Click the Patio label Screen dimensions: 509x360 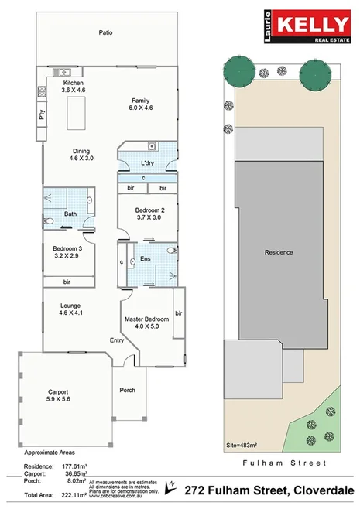(106, 32)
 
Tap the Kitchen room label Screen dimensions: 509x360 (73, 83)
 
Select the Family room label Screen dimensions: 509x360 (141, 101)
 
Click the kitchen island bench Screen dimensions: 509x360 (77, 114)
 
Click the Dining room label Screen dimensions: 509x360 (81, 152)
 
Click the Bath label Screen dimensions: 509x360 (70, 214)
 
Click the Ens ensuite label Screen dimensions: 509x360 (145, 259)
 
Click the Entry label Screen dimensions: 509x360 (117, 340)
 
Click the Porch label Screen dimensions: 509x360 (127, 390)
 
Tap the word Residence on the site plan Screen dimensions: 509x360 (279, 252)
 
